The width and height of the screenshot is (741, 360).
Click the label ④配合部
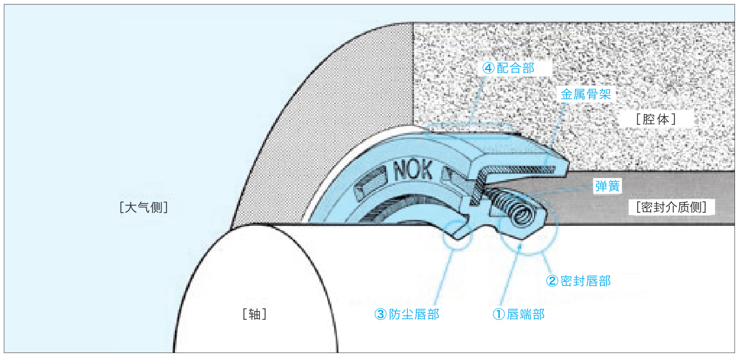(x=508, y=68)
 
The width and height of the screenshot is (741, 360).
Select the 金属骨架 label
(x=586, y=94)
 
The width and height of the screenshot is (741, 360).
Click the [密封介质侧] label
(x=671, y=207)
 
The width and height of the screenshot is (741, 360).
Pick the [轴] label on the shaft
(x=255, y=314)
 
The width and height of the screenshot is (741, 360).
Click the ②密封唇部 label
(x=578, y=281)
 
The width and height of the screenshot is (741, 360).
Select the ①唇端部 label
(x=518, y=314)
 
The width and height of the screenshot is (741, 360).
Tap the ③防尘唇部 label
(x=406, y=314)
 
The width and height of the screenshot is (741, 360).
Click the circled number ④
(x=488, y=68)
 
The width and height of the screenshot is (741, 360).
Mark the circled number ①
(x=498, y=314)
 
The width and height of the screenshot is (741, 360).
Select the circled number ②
(x=552, y=281)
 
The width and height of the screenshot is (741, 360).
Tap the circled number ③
(x=380, y=314)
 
